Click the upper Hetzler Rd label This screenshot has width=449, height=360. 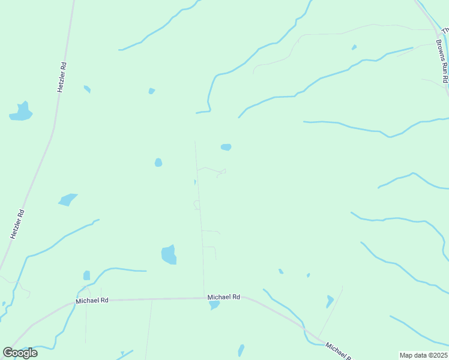(x=61, y=76)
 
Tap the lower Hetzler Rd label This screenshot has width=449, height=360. (x=17, y=224)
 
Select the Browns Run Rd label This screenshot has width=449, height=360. (x=442, y=61)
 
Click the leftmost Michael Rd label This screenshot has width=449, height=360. (x=92, y=300)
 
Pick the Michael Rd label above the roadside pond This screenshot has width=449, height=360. (x=224, y=297)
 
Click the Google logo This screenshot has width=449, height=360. (x=20, y=353)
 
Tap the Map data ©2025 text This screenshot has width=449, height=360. (x=423, y=355)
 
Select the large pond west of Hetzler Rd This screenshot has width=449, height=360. (x=21, y=112)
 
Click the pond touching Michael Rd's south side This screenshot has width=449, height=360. (x=214, y=305)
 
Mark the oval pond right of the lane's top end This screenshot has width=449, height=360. (x=226, y=147)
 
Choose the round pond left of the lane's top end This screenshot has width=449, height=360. (x=158, y=163)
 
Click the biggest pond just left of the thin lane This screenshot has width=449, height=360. (x=169, y=255)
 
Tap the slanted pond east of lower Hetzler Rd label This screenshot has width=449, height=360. (x=68, y=200)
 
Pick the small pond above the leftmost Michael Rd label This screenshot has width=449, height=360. (x=86, y=275)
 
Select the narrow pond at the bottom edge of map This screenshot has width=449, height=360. (x=241, y=350)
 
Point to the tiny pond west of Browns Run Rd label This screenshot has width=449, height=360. (x=354, y=47)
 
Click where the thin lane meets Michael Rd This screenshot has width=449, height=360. (x=203, y=297)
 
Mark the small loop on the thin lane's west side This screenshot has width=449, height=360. (x=196, y=205)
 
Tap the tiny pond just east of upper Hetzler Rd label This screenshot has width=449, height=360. (x=87, y=89)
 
